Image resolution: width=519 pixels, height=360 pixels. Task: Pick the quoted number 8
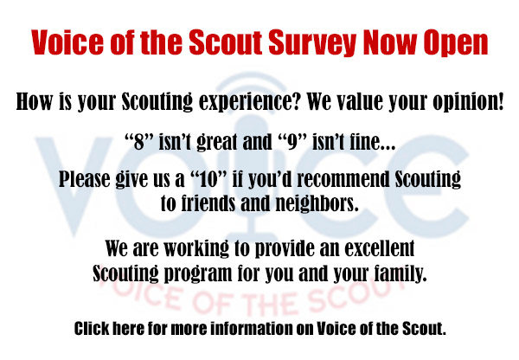[139, 142]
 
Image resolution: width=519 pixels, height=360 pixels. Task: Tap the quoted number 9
[292, 142]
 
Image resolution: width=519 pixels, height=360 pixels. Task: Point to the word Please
[85, 179]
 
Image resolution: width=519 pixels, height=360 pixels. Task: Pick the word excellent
[380, 248]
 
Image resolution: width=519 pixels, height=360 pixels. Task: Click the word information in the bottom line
[252, 329]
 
